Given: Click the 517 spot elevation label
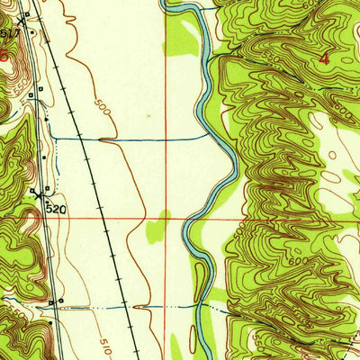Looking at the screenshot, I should coord(11,33).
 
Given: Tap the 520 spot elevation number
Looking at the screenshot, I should coord(53,207).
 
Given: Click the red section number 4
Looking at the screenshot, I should coord(325,57).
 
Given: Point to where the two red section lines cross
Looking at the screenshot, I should coord(166,217).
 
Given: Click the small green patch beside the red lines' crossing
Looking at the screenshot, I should coord(162,215).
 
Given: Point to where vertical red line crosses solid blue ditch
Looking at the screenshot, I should coord(166,139).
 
